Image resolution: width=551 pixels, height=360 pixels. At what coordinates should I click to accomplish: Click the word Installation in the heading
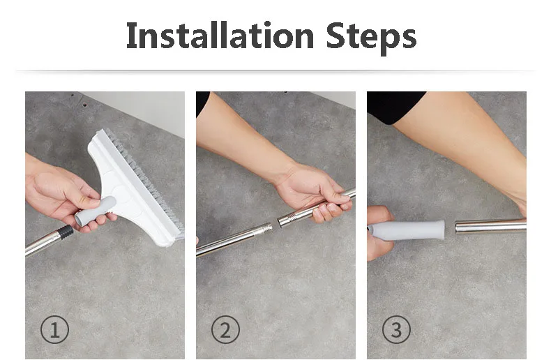tap(220, 35)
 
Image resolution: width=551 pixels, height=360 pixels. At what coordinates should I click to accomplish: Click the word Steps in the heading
tap(372, 37)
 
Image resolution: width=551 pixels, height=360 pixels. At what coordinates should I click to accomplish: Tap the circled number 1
tap(55, 330)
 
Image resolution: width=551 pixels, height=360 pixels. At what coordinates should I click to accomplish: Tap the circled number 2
tap(225, 330)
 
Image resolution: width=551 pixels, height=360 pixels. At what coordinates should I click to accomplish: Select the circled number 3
tap(396, 330)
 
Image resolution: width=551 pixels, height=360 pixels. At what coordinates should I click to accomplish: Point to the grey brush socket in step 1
tap(95, 211)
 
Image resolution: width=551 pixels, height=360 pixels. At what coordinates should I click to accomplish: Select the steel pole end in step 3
tap(490, 226)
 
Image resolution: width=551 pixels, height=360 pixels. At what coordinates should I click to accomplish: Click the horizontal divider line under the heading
tap(275, 71)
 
